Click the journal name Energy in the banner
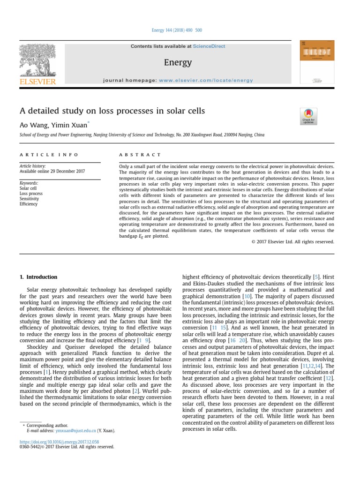click(178, 62)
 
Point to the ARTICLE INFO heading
click(49, 155)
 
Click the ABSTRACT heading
click(140, 155)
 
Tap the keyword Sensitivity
click(29, 199)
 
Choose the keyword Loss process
click(31, 193)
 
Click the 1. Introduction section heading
click(38, 277)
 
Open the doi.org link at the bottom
click(59, 441)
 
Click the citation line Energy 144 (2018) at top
click(177, 30)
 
